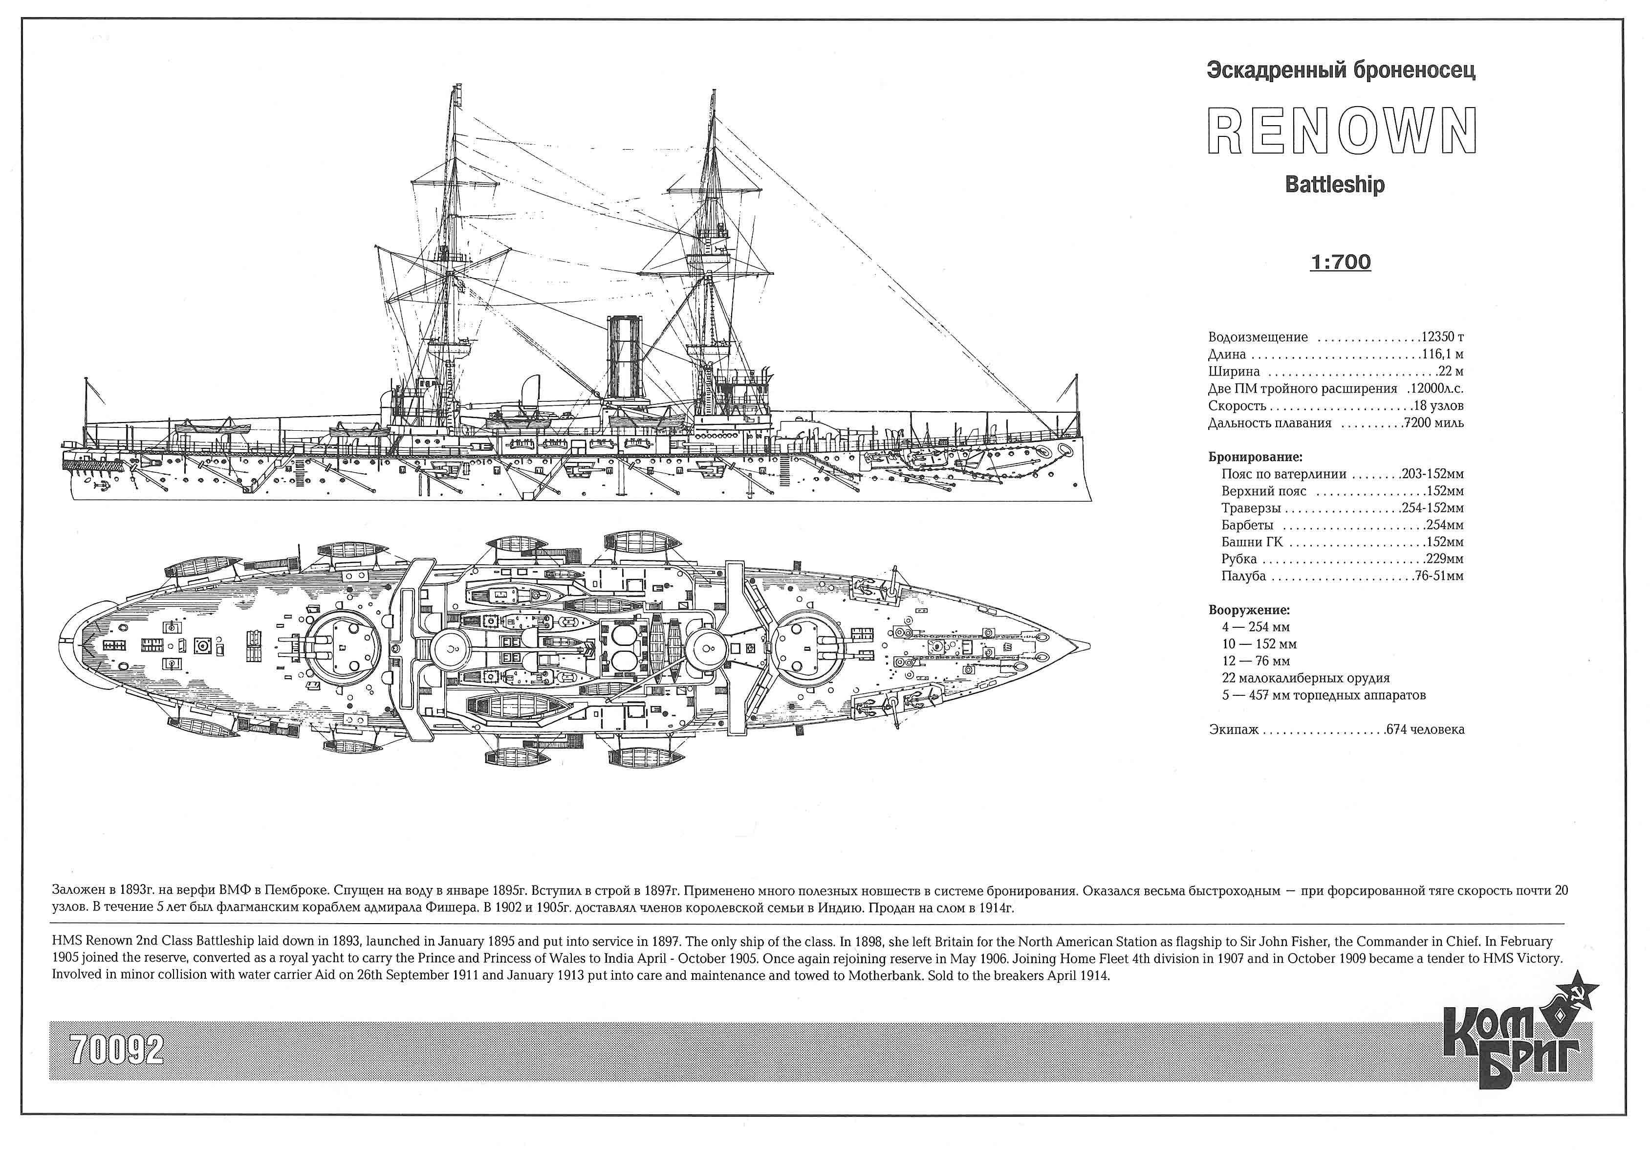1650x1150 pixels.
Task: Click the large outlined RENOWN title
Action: (1342, 131)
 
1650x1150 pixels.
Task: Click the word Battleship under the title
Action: (1335, 185)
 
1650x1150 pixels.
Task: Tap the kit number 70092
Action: (117, 1050)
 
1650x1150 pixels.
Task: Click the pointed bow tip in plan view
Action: (1089, 645)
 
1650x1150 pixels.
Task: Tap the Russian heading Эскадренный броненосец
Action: (1341, 70)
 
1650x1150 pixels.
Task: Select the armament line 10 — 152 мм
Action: (1259, 644)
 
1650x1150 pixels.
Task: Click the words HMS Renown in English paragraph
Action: (92, 941)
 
